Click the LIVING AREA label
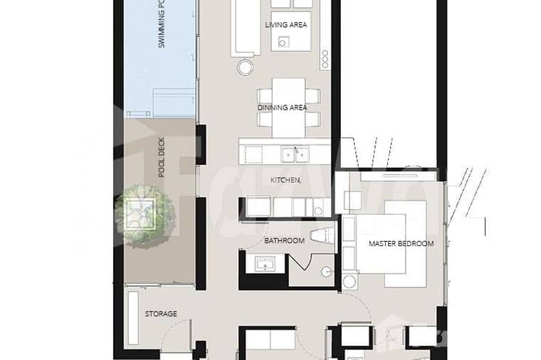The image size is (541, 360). pos(285,25)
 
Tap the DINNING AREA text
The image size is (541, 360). pos(282,107)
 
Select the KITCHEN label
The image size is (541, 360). pos(285,181)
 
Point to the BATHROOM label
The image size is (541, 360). pos(284,240)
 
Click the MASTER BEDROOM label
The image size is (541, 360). pos(401,243)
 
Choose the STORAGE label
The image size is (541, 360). pos(161,313)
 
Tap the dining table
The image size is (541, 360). pos(288,107)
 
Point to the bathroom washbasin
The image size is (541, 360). pos(266,265)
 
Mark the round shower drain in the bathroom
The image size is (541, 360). pos(325,271)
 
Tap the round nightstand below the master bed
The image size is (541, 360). pos(349,282)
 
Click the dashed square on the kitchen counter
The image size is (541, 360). pos(253,152)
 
